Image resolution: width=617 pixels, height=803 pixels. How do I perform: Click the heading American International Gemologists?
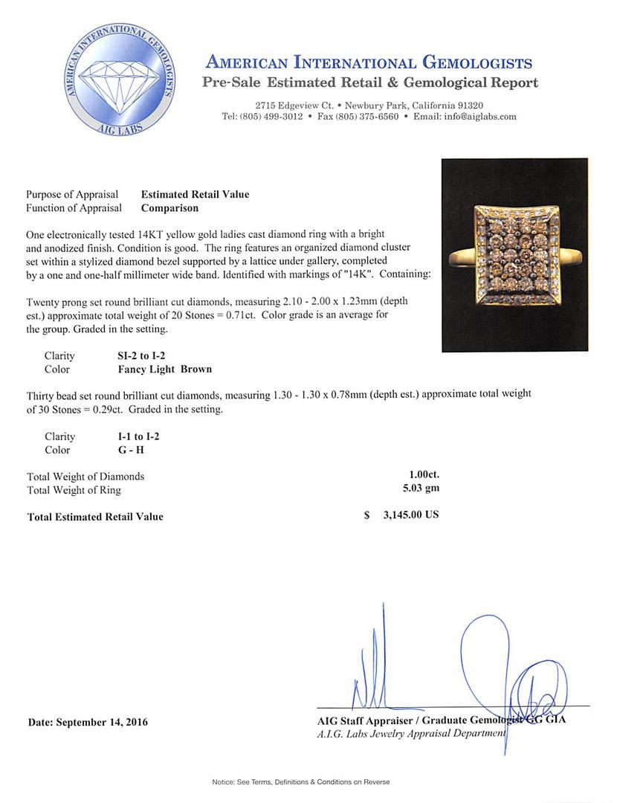369,62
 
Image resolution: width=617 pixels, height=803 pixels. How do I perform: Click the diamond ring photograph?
514,255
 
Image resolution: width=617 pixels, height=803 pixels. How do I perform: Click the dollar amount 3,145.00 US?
411,515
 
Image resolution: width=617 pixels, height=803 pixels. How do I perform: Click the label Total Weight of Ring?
74,490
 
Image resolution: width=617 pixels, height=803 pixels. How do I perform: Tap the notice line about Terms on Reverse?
301,782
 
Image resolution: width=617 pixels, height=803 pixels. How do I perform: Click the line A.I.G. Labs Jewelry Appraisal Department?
411,733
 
